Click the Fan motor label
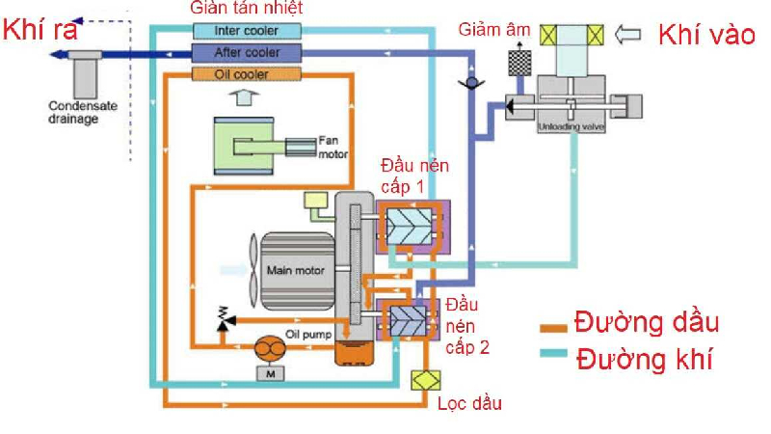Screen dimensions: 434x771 tap(331, 145)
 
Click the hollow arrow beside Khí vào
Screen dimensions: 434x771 tap(627, 36)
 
